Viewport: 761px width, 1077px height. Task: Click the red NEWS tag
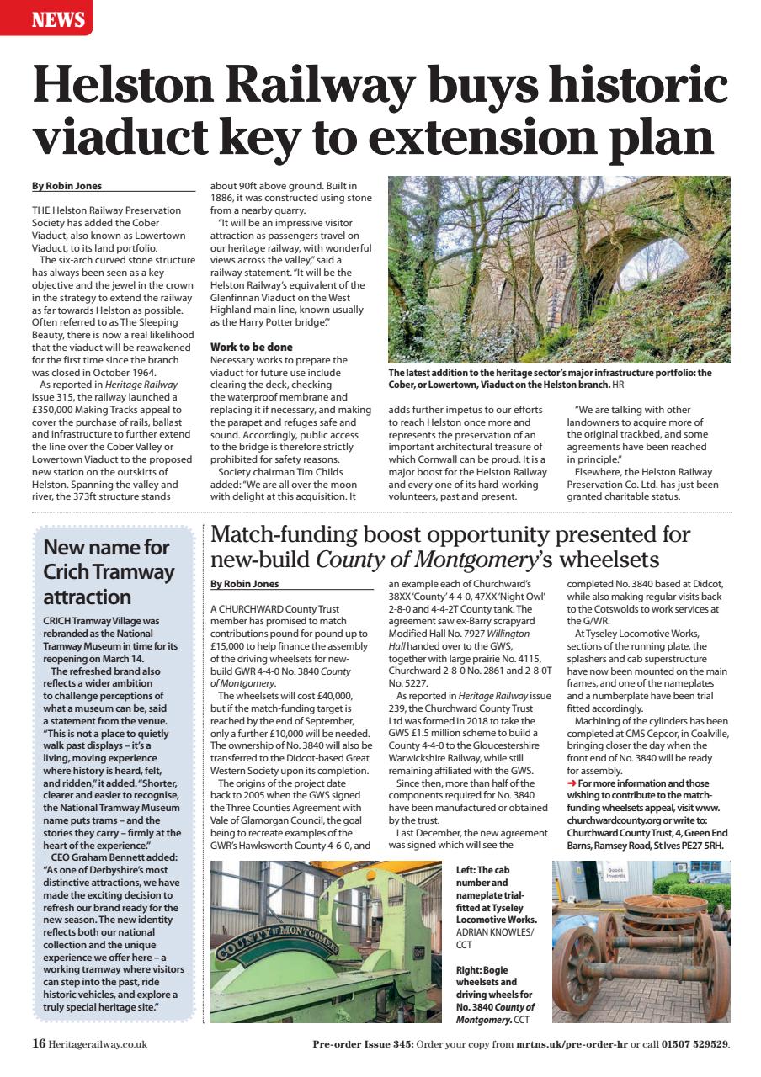(x=45, y=18)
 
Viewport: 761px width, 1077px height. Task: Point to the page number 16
(x=39, y=1044)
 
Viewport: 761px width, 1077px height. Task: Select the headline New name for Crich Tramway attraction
(x=109, y=572)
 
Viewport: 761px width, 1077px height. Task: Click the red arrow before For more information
(x=572, y=783)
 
